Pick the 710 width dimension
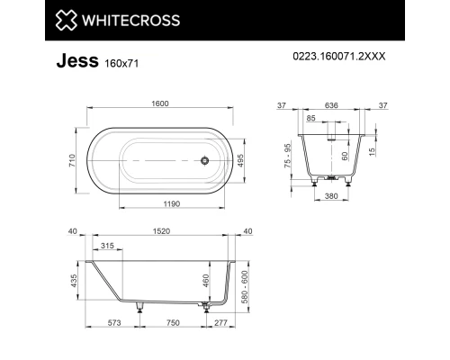(71, 159)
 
